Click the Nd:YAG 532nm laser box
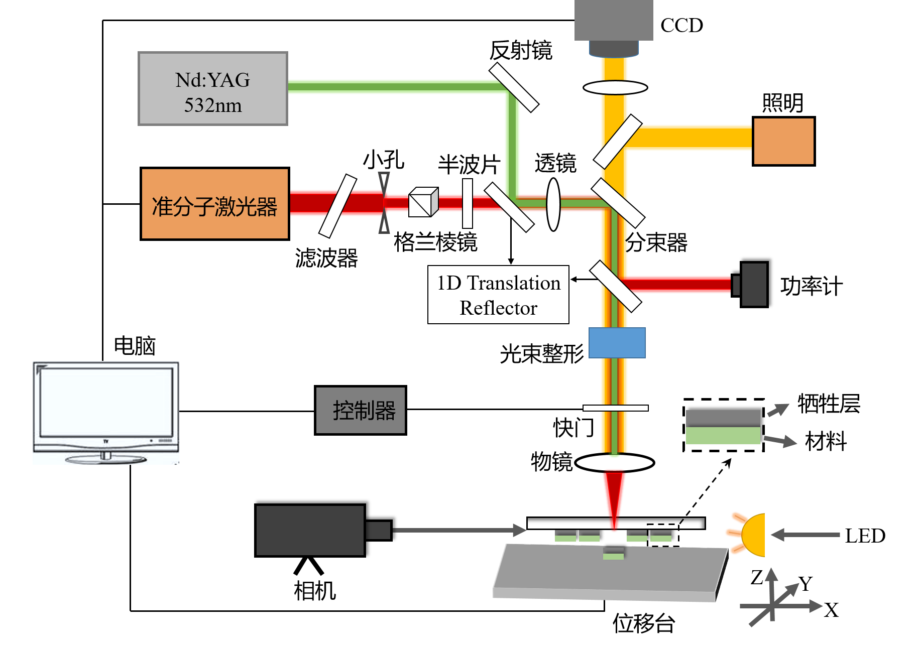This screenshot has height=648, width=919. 213,88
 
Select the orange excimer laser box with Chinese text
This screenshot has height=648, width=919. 215,204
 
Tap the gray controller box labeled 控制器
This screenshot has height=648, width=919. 361,410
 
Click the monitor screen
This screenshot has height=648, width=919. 106,402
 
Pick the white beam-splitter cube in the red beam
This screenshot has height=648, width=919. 423,202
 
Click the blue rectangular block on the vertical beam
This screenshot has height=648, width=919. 617,343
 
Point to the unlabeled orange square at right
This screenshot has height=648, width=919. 783,141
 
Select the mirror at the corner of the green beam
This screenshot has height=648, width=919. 514,87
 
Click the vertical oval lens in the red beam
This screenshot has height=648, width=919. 553,204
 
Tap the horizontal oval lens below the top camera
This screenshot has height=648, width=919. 615,87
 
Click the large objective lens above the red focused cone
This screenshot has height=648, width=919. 614,463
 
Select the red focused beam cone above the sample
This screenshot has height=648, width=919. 614,494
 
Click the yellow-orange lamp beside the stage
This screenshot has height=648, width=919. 753,535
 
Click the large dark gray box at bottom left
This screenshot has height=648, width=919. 310,530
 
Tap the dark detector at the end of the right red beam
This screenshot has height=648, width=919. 754,285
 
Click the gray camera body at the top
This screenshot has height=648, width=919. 614,20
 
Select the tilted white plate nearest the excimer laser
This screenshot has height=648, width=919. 337,206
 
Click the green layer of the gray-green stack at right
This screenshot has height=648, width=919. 723,436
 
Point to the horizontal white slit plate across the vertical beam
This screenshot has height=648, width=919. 615,408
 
